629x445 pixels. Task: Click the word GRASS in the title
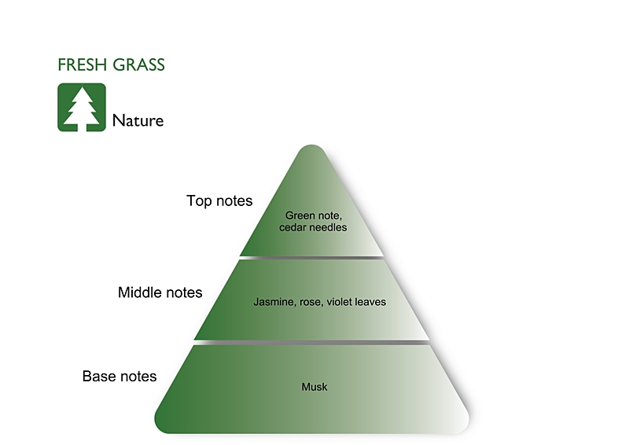(139, 65)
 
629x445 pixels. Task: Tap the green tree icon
(81, 107)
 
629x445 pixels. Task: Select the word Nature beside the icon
(138, 120)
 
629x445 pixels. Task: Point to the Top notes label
(219, 201)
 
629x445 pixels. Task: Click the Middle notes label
(160, 292)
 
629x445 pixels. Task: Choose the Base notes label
(120, 377)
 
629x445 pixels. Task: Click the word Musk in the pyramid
(314, 387)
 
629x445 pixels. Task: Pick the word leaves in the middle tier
(371, 302)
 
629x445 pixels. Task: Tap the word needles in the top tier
(329, 227)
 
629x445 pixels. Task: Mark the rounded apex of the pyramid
(312, 149)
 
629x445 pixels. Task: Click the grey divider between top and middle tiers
(312, 257)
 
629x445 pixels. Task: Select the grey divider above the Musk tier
(312, 343)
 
